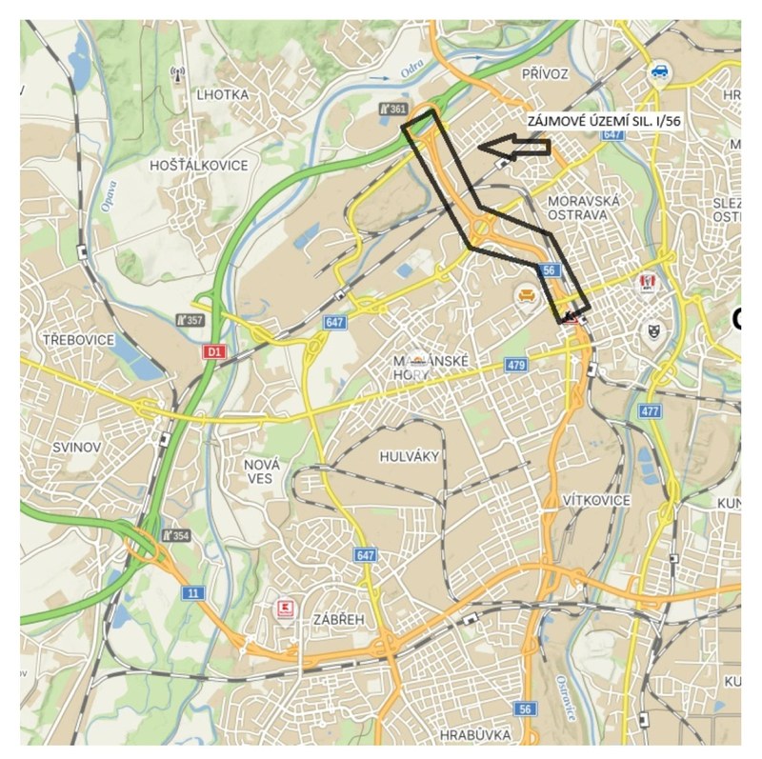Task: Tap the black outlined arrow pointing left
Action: click(513, 147)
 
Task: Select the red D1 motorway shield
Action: click(214, 352)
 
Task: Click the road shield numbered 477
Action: click(651, 410)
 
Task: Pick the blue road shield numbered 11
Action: click(194, 592)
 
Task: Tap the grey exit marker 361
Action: click(392, 110)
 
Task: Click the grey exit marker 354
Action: click(175, 535)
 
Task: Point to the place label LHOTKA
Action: click(222, 94)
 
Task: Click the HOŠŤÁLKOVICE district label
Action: click(199, 165)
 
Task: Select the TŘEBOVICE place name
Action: click(79, 339)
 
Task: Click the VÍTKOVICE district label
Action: click(597, 500)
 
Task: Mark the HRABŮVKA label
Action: click(476, 734)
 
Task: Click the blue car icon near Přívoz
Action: click(658, 70)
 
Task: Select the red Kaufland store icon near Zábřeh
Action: click(283, 608)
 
